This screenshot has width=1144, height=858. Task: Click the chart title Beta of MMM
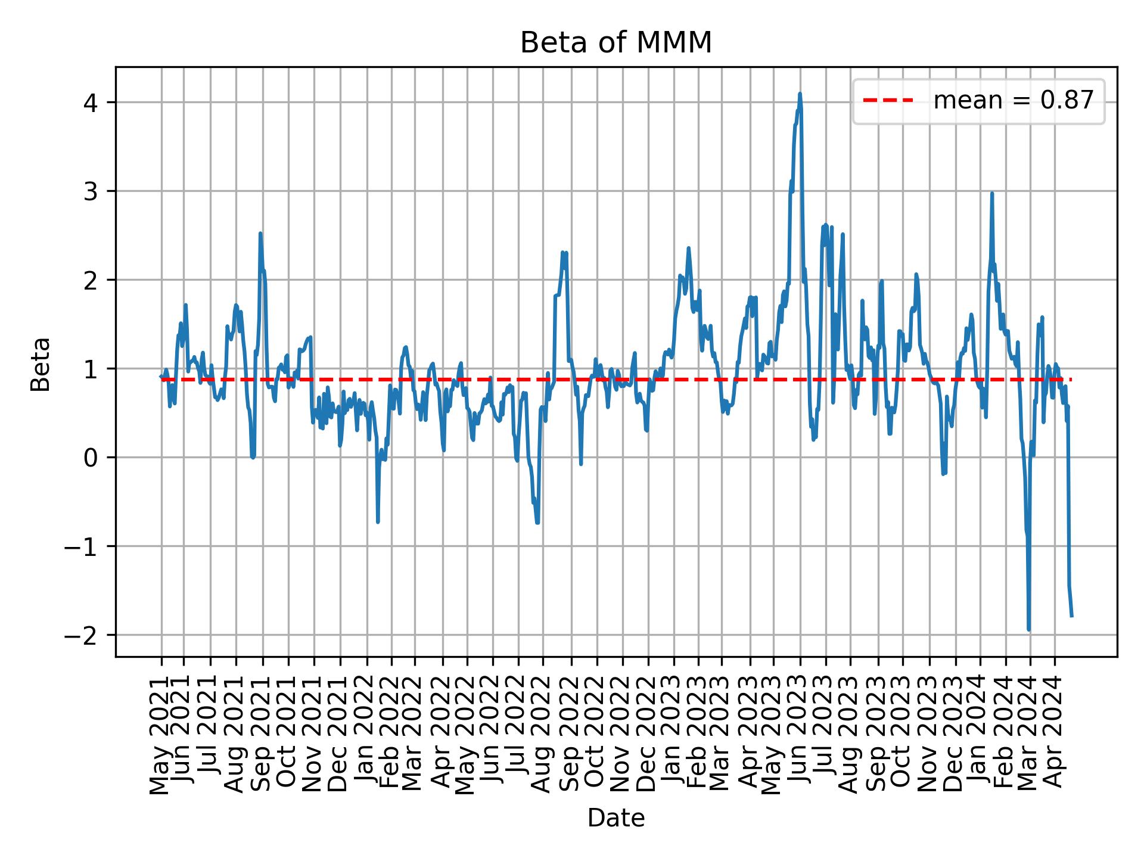(x=615, y=43)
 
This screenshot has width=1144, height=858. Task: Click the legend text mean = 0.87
(x=1013, y=101)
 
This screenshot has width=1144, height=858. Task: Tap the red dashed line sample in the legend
(x=888, y=101)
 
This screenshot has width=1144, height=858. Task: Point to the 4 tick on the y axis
(x=91, y=102)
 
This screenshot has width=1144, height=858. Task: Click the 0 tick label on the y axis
(x=91, y=458)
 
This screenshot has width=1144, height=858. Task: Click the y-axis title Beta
(x=41, y=364)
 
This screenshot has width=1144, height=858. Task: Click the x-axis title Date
(x=615, y=818)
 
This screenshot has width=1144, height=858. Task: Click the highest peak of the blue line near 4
(x=800, y=94)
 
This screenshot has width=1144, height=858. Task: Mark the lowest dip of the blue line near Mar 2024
(x=1029, y=629)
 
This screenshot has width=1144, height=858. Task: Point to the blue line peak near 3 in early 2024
(x=992, y=194)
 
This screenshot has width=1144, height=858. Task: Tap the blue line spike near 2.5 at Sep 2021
(x=260, y=234)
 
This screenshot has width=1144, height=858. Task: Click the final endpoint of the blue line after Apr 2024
(x=1072, y=615)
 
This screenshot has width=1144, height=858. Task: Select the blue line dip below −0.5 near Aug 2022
(x=537, y=523)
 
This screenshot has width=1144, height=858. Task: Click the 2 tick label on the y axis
(x=91, y=280)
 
